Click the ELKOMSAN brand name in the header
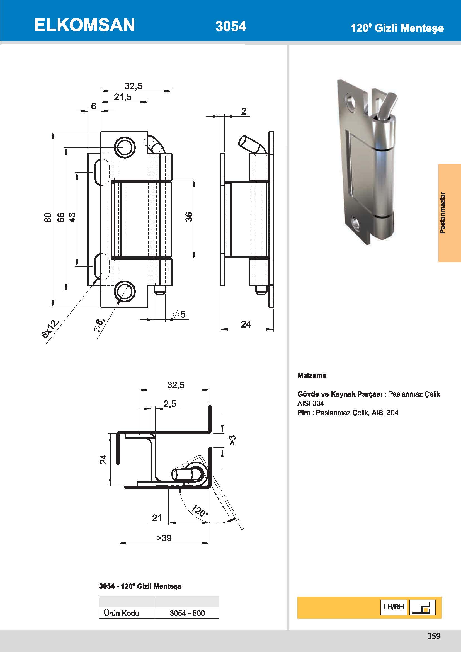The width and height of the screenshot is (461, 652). pyautogui.click(x=84, y=25)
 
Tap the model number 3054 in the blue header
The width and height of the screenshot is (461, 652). pyautogui.click(x=230, y=26)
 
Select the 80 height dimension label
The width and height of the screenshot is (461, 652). pyautogui.click(x=48, y=217)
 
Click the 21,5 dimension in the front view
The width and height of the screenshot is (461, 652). pyautogui.click(x=123, y=97)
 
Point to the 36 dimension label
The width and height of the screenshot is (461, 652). pyautogui.click(x=189, y=217)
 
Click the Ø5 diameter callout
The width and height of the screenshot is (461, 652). pyautogui.click(x=179, y=314)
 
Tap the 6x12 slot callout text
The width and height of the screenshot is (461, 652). pyautogui.click(x=50, y=329)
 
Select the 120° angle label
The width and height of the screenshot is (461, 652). pyautogui.click(x=200, y=511)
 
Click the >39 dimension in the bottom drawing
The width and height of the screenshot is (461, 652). pyautogui.click(x=164, y=538)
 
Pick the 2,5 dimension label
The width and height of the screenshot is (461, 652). pyautogui.click(x=170, y=404)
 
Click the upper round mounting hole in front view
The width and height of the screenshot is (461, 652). pyautogui.click(x=125, y=148)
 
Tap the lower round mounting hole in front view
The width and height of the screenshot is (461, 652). pyautogui.click(x=125, y=291)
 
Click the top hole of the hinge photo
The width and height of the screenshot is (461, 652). pyautogui.click(x=351, y=102)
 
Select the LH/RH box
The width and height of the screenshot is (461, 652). pyautogui.click(x=394, y=607)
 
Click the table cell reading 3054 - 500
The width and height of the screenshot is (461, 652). pyautogui.click(x=187, y=613)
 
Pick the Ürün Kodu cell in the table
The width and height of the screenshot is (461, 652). pyautogui.click(x=122, y=613)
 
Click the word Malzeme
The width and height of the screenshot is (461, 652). pyautogui.click(x=312, y=375)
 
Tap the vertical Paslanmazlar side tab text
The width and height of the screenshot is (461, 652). pyautogui.click(x=442, y=213)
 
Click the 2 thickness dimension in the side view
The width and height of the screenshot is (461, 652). pyautogui.click(x=244, y=111)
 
